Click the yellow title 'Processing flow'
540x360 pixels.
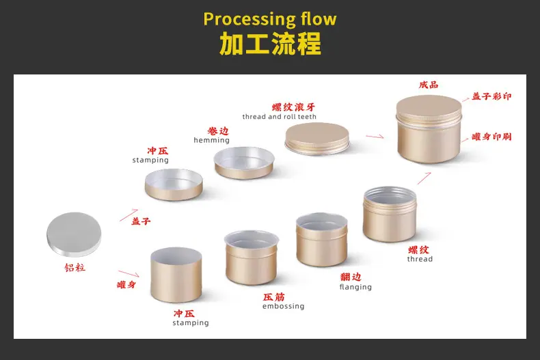tap(269, 19)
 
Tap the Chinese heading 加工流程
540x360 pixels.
tap(270, 44)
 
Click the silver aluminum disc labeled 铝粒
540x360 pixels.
tap(74, 234)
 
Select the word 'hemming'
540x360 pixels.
tap(211, 140)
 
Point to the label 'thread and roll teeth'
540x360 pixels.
tap(280, 117)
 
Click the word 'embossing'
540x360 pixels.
tap(284, 306)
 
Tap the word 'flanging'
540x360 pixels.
tap(355, 287)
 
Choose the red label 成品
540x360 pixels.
tap(429, 85)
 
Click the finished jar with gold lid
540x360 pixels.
tap(429, 129)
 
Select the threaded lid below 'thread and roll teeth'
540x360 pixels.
tap(317, 139)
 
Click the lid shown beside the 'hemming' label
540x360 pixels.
tap(244, 163)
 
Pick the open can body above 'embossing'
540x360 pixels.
tap(252, 258)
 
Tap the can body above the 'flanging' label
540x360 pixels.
tap(322, 240)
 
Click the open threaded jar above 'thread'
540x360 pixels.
tap(390, 214)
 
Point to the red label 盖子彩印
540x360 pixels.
tap(491, 96)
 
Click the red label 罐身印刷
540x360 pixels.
tap(491, 137)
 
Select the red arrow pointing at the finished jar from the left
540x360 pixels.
tap(375, 137)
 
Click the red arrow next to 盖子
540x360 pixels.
tap(129, 214)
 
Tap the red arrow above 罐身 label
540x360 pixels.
tap(129, 274)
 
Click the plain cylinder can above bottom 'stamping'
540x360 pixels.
tap(176, 275)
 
